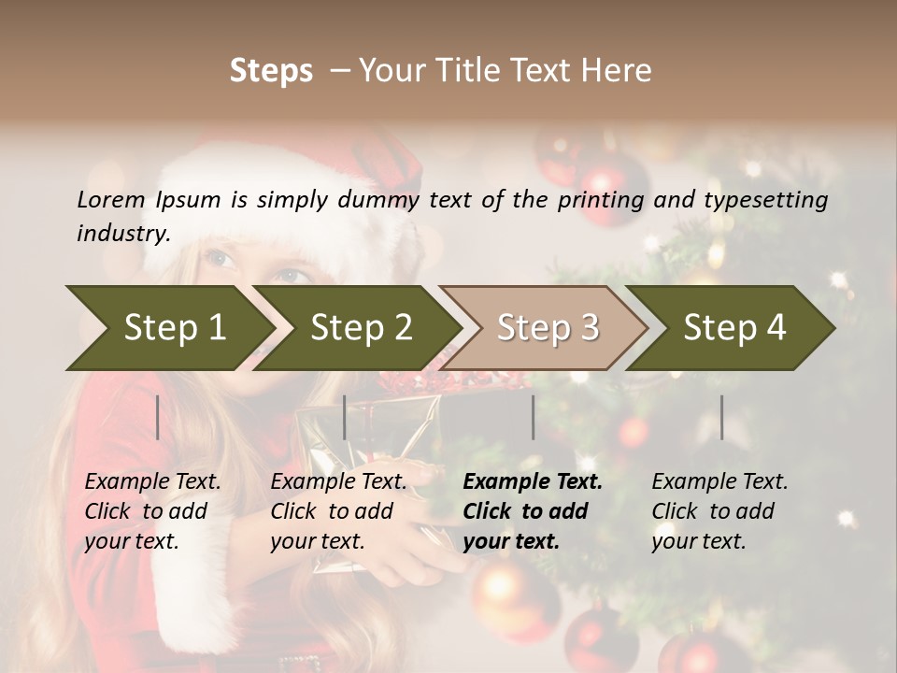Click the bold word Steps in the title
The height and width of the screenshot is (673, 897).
271,71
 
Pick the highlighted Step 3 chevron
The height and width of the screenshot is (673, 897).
548,327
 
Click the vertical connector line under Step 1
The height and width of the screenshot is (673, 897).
158,417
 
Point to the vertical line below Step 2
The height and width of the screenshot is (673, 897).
345,417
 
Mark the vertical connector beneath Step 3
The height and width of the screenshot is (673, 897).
533,417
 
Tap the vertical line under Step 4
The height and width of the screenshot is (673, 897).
721,417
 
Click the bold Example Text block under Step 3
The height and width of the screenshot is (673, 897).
533,511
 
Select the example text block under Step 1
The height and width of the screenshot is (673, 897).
152,511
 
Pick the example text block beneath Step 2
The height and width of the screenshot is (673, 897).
338,511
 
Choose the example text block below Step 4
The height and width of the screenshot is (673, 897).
719,511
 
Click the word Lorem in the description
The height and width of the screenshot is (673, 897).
111,199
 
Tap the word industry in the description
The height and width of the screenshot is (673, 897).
123,234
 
